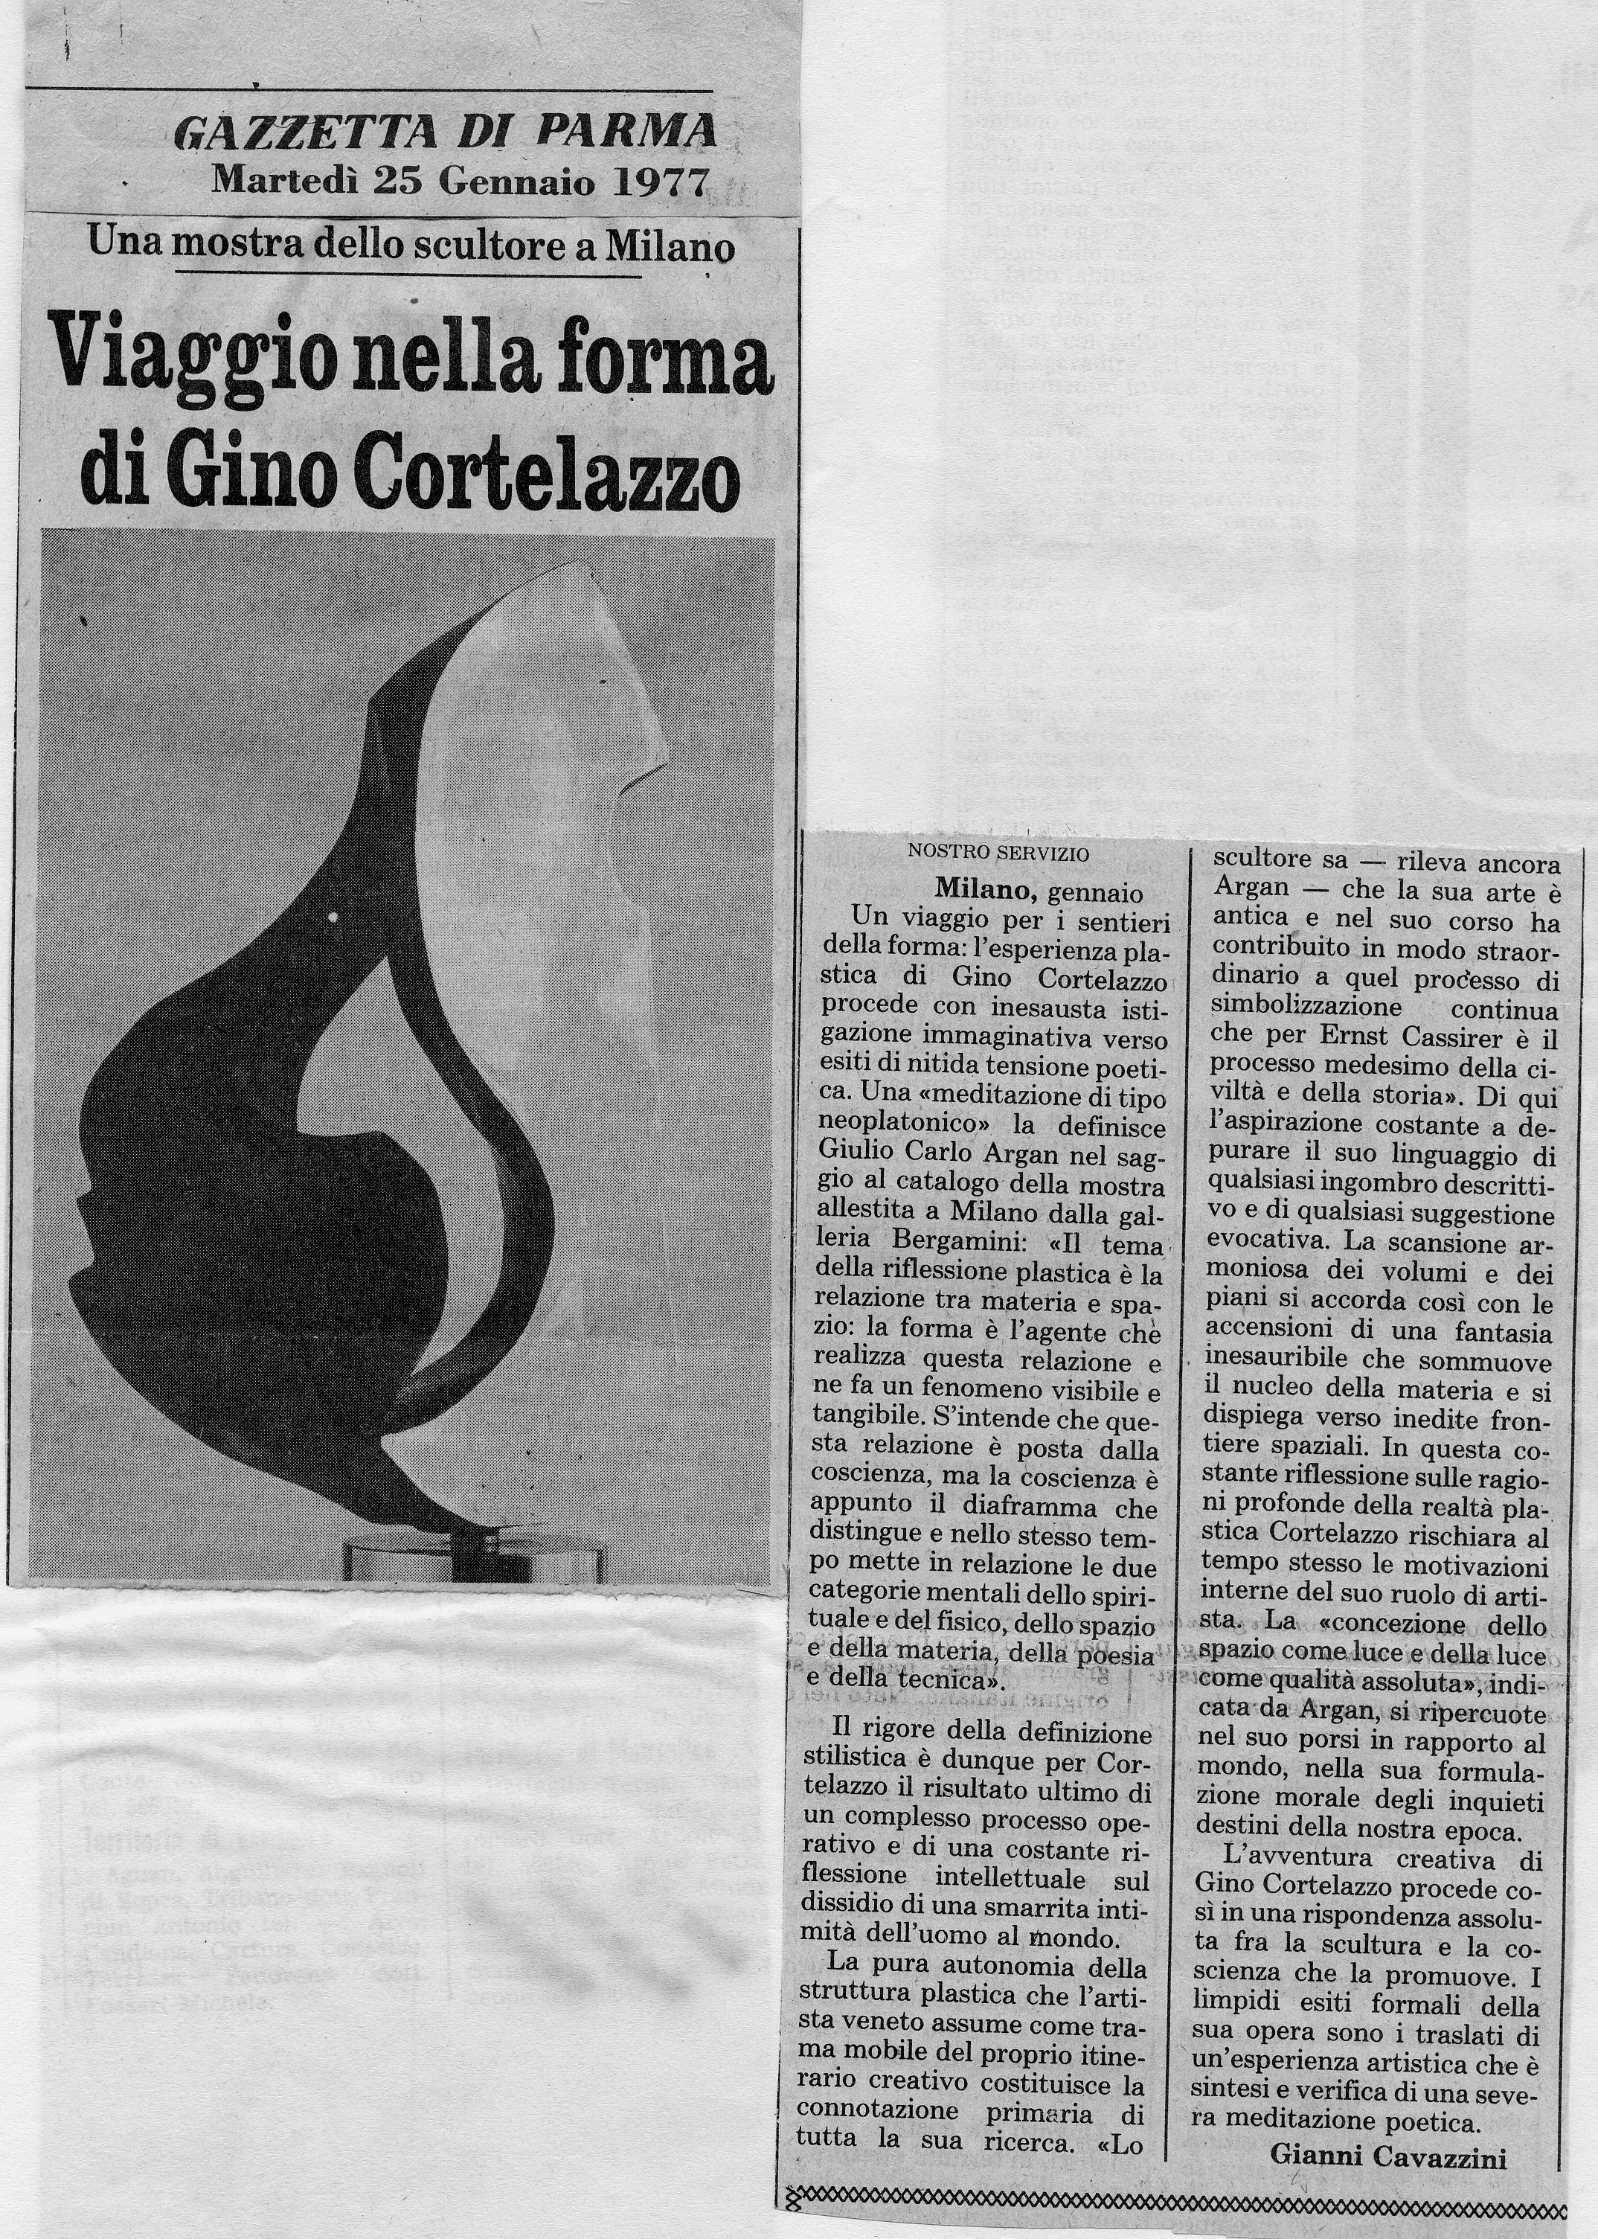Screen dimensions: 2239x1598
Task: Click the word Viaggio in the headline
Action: coord(185,366)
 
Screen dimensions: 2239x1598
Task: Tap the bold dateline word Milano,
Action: coord(987,891)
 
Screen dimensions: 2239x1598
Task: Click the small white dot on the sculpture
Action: coord(333,917)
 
